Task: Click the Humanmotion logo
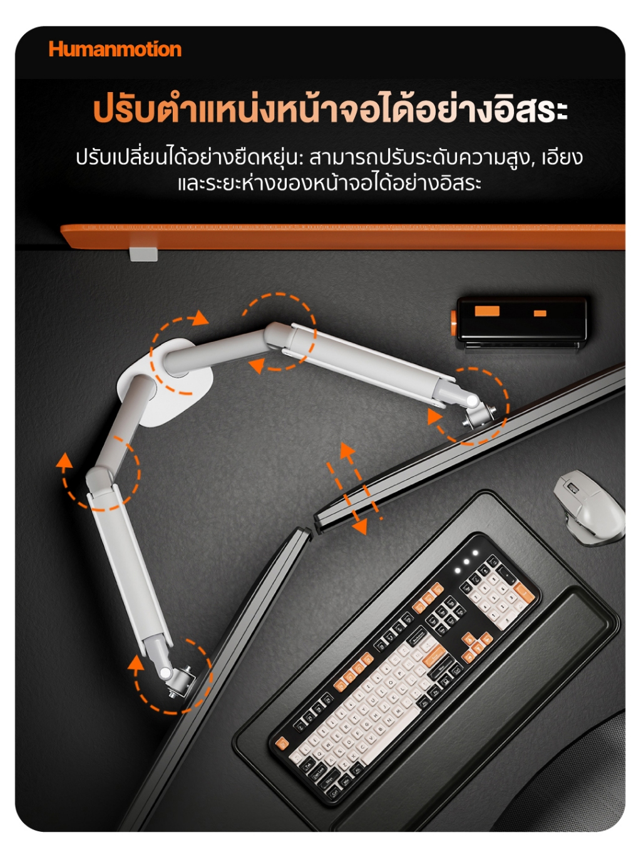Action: point(115,49)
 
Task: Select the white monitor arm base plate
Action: point(165,383)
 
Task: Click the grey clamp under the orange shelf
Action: point(143,254)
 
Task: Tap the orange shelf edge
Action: point(343,236)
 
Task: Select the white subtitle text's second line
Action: point(329,184)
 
